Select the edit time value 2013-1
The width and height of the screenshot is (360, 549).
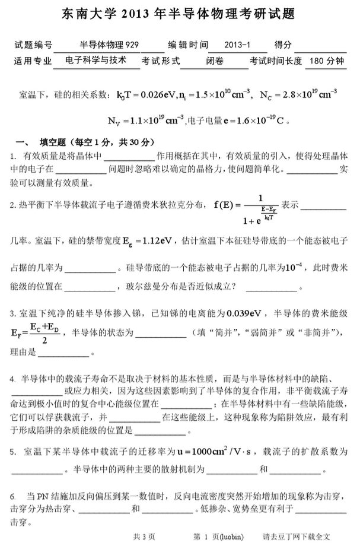[x=237, y=45]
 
